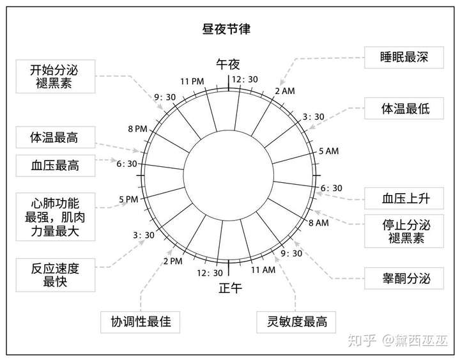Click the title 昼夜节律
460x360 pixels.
pos(226,29)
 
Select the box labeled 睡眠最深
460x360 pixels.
pos(404,58)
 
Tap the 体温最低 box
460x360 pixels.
pos(404,108)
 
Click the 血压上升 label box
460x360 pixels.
pos(404,198)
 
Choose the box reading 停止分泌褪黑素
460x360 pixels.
pos(404,231)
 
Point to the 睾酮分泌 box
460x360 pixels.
pos(404,278)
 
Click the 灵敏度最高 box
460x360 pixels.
pos(296,322)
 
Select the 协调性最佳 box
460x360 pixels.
pos(140,322)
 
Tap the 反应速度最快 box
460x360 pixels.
pos(56,275)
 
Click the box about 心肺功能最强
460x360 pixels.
pos(56,217)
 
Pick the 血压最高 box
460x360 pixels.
pos(56,166)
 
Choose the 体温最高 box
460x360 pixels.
pos(56,137)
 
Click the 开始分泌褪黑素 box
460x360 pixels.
pos(56,76)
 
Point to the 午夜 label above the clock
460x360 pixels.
pos(228,65)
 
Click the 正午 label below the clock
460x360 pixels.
pos(230,288)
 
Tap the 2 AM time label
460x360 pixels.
pos(285,91)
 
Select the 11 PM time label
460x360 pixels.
pos(192,81)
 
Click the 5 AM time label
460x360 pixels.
pos(328,151)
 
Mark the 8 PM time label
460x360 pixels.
pos(137,129)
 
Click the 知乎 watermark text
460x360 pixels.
pos(362,341)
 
